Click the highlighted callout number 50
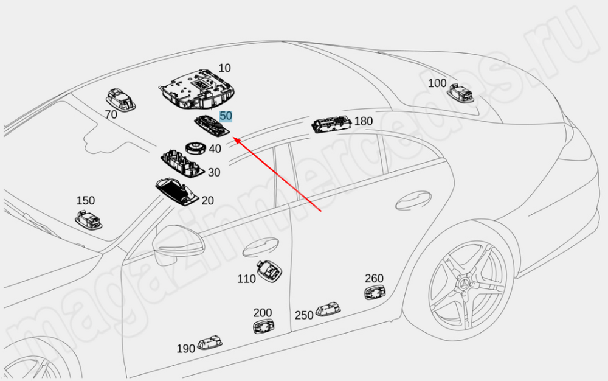pos(226,115)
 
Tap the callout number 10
pos(224,68)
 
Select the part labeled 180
pos(331,124)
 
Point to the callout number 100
pos(437,83)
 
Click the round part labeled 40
pos(195,148)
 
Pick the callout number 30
pos(214,172)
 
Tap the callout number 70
pos(111,114)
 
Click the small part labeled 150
pos(88,219)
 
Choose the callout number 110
pos(246,279)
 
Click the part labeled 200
pos(263,327)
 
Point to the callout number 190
pos(186,349)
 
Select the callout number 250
pos(304,315)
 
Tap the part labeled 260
pos(375,293)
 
